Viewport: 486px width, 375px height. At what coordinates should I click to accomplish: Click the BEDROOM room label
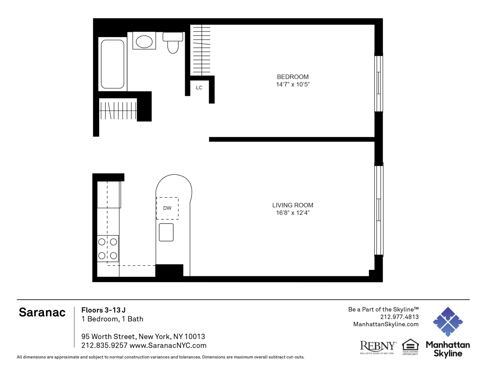[x=293, y=77]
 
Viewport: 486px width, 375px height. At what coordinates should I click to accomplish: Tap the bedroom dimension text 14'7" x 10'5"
[x=293, y=84]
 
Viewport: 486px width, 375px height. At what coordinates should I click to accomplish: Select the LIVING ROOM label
[x=293, y=205]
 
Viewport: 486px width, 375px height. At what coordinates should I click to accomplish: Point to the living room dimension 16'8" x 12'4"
[x=293, y=213]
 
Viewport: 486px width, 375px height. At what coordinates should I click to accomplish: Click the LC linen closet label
[x=199, y=88]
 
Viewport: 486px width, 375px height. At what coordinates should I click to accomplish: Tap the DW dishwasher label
[x=167, y=208]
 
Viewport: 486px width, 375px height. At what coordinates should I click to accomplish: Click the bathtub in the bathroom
[x=113, y=64]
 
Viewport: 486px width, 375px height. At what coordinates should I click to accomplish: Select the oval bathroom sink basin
[x=144, y=42]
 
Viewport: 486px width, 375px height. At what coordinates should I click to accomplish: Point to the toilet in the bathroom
[x=173, y=43]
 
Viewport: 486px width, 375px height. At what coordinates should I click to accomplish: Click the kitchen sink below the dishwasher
[x=166, y=232]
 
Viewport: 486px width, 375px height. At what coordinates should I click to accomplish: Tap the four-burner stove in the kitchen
[x=107, y=248]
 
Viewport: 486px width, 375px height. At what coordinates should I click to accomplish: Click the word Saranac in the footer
[x=42, y=312]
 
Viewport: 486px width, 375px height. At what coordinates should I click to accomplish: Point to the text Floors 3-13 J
[x=103, y=310]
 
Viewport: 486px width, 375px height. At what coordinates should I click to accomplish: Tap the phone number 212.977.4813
[x=400, y=317]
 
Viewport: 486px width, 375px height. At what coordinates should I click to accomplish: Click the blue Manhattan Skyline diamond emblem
[x=448, y=322]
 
